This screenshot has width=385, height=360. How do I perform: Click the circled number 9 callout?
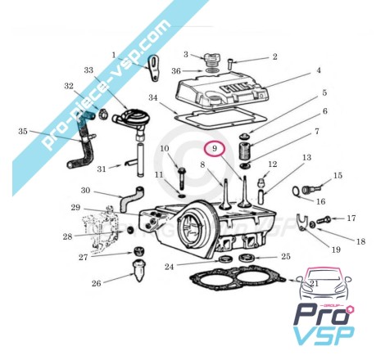coord(215,148)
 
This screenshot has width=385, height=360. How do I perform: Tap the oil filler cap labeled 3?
coord(211,61)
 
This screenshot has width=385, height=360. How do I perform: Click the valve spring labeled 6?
coord(245,151)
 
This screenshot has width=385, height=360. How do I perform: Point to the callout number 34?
coord(153,97)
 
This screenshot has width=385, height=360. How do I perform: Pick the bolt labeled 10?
coord(181,177)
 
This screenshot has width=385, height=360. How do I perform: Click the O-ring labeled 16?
coord(296,190)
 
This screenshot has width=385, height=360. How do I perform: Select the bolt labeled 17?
coord(324,219)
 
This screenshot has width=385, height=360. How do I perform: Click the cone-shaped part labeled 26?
coord(139,271)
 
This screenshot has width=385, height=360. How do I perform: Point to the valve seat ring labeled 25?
coord(247,257)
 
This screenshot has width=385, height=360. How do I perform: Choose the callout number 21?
coord(315,284)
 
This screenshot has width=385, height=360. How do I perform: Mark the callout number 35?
coord(23,131)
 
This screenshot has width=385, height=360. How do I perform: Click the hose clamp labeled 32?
coord(102,113)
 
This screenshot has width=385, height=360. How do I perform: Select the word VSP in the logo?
coord(324,336)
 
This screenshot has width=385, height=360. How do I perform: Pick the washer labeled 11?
coord(182,196)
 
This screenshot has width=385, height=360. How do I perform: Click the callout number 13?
coord(307,157)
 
